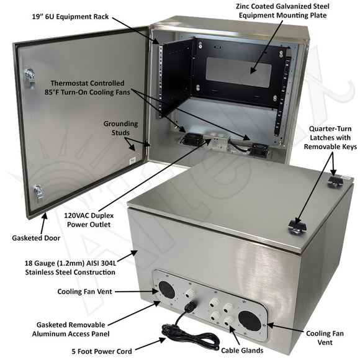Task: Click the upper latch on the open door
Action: tap(30, 78)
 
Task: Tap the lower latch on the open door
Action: tap(38, 193)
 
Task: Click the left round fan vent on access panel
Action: tap(166, 290)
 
